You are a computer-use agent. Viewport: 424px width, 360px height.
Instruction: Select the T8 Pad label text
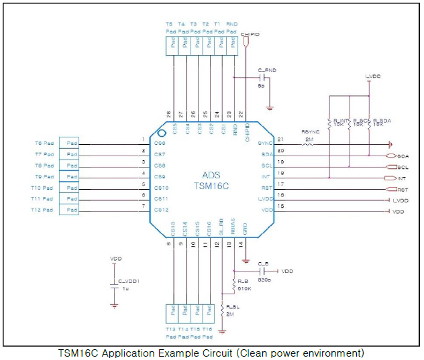point(44,165)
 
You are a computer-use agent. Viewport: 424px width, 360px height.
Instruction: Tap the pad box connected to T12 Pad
point(69,211)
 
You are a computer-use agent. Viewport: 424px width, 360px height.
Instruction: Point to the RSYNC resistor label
point(309,131)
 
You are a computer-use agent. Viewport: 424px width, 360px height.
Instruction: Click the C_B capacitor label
point(263,264)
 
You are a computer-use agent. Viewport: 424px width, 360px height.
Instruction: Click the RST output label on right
point(403,190)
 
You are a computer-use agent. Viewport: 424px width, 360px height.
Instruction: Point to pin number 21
point(280,139)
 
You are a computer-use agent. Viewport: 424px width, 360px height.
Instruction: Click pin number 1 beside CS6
point(143,139)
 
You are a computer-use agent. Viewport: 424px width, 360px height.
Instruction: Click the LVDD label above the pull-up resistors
point(373,78)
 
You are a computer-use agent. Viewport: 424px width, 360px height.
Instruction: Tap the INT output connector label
point(402,178)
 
